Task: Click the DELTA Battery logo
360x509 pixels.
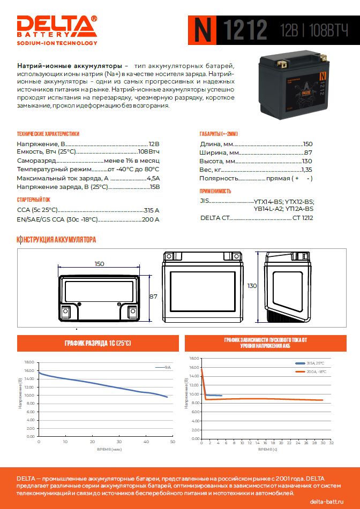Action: click(x=57, y=30)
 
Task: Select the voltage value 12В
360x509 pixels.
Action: click(x=154, y=144)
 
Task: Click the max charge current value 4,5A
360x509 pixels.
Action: click(x=153, y=178)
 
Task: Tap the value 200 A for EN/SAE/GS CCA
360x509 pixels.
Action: click(x=151, y=219)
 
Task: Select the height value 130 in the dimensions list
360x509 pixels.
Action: click(x=307, y=161)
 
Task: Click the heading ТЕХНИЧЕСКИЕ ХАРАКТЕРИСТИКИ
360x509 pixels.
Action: click(x=48, y=134)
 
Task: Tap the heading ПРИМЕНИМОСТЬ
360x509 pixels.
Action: click(x=215, y=191)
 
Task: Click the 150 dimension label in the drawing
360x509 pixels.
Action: click(x=99, y=264)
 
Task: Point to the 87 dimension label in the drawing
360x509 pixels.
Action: click(x=153, y=296)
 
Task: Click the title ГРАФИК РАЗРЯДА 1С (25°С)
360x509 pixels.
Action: click(x=97, y=343)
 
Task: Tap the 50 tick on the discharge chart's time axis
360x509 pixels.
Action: click(x=173, y=442)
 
